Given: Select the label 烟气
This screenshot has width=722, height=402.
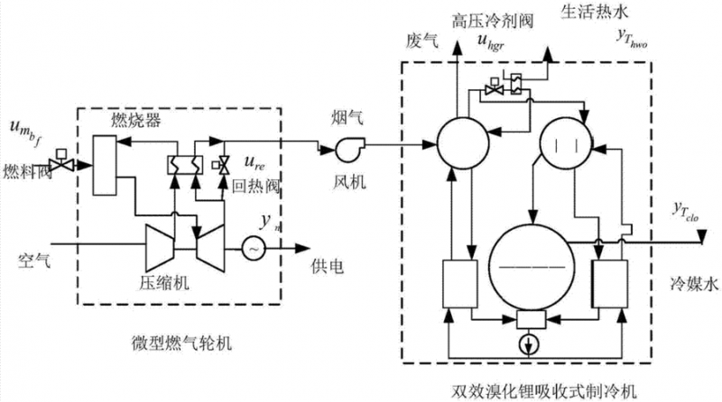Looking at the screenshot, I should click(347, 116).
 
